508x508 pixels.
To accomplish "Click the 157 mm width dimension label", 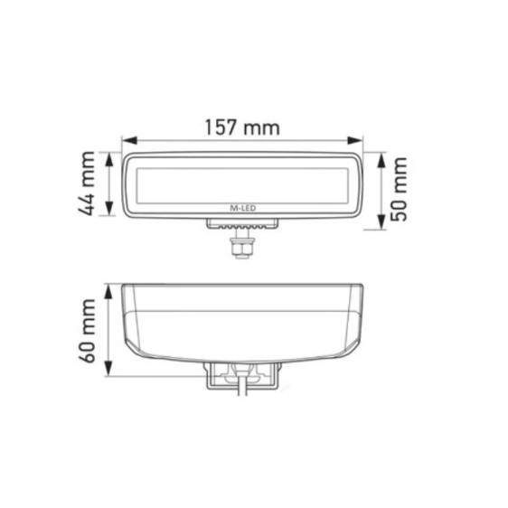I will [x=241, y=127].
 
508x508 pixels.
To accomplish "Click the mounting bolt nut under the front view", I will [x=240, y=245].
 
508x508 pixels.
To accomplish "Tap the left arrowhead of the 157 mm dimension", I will [x=127, y=141].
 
